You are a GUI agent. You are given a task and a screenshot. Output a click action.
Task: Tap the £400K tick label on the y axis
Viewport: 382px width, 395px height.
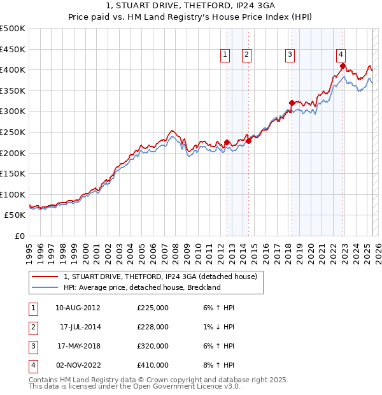point(13,70)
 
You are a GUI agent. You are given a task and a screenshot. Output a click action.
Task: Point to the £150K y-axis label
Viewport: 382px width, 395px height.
point(13,173)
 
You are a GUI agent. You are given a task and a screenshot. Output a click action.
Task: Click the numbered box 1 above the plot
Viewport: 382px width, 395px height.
point(225,55)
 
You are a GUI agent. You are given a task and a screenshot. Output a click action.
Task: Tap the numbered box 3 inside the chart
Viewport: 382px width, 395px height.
point(290,55)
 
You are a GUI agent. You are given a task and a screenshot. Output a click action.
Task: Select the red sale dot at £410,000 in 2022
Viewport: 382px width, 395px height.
point(343,66)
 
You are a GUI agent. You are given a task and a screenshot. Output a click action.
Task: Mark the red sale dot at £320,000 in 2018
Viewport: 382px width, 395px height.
point(292,103)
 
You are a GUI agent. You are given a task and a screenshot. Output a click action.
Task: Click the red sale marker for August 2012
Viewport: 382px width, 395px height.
point(227,142)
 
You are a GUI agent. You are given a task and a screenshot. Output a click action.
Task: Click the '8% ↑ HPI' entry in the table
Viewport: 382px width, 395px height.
point(218,365)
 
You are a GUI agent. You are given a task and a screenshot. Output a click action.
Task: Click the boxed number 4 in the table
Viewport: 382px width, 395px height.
point(32,365)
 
